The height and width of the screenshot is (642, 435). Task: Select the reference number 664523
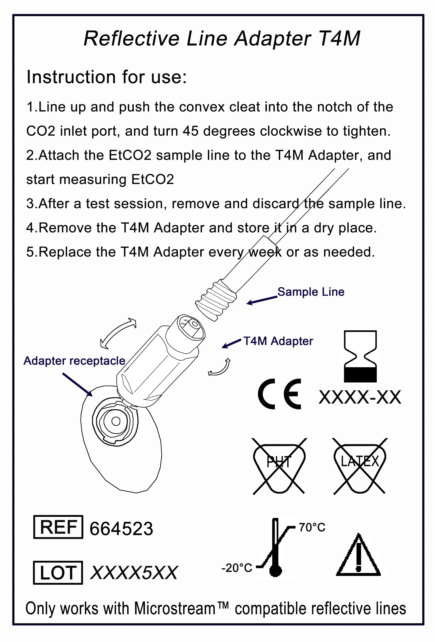click(121, 529)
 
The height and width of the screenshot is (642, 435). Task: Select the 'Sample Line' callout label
click(311, 292)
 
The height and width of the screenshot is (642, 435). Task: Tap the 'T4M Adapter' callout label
click(278, 341)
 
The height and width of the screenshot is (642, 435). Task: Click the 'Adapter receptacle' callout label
click(74, 361)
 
